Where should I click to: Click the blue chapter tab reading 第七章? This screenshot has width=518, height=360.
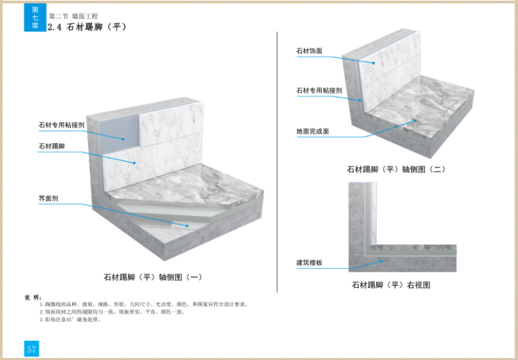pyautogui.click(x=35, y=18)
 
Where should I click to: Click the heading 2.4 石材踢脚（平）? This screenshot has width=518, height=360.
pyautogui.click(x=87, y=27)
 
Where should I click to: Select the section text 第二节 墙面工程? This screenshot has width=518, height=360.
pyautogui.click(x=72, y=15)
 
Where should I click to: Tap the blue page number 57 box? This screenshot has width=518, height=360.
pyautogui.click(x=32, y=349)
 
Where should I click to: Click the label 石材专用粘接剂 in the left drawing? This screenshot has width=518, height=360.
pyautogui.click(x=61, y=125)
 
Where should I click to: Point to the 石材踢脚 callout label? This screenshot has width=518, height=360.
pyautogui.click(x=52, y=146)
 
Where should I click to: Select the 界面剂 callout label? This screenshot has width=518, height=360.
pyautogui.click(x=48, y=198)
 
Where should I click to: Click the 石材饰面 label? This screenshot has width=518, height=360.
pyautogui.click(x=309, y=50)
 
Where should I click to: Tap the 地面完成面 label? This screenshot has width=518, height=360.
pyautogui.click(x=312, y=131)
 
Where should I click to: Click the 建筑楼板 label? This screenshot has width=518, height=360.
pyautogui.click(x=309, y=262)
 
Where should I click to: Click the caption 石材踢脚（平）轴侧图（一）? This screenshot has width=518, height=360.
pyautogui.click(x=153, y=277)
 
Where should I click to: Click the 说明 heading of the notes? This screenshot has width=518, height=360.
pyautogui.click(x=33, y=297)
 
